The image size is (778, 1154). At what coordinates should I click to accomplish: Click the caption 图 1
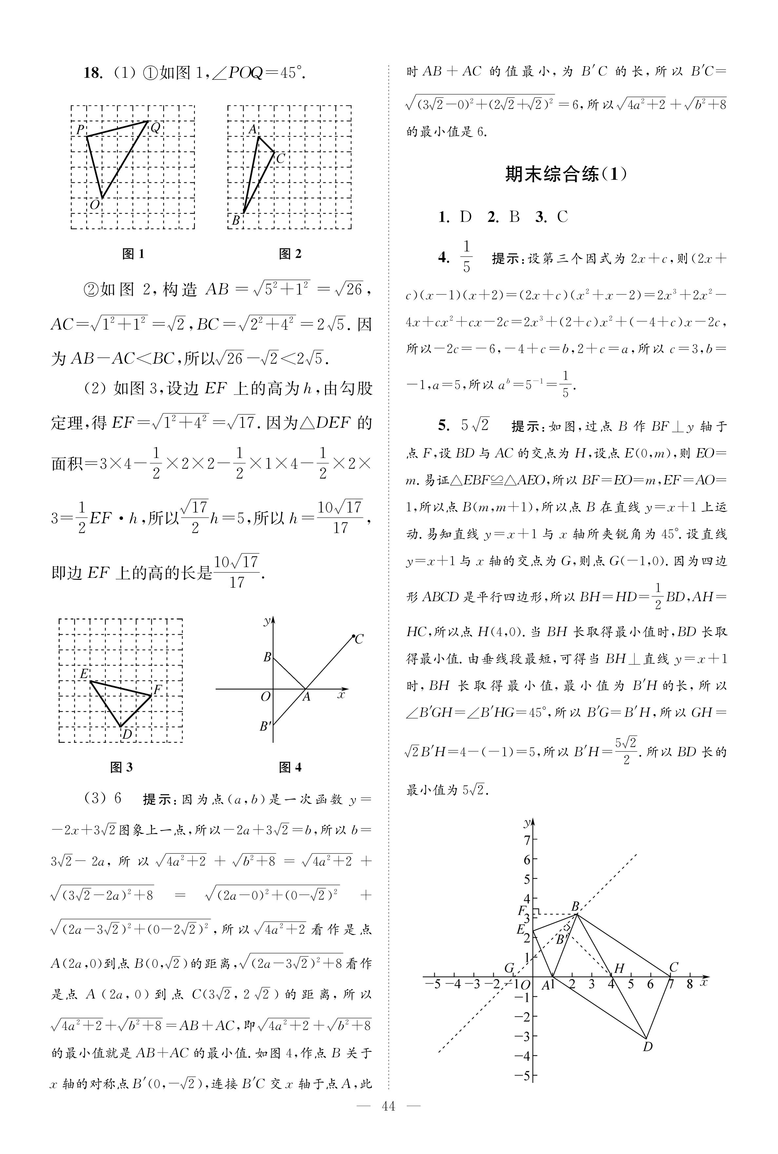(133, 254)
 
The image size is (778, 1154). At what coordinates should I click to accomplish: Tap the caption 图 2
(290, 254)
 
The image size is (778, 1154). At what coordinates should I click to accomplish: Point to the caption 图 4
(290, 767)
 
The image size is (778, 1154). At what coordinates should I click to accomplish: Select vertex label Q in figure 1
(155, 128)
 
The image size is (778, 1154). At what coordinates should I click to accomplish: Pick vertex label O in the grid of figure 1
(94, 205)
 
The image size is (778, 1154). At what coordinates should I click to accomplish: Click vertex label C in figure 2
(280, 158)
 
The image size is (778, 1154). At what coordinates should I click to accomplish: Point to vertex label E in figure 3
(84, 674)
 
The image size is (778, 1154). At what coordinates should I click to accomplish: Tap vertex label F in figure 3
(157, 689)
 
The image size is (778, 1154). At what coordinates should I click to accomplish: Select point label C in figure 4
(359, 639)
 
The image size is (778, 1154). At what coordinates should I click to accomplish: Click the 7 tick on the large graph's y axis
(527, 840)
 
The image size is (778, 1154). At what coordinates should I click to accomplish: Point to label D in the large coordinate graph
(648, 1047)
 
